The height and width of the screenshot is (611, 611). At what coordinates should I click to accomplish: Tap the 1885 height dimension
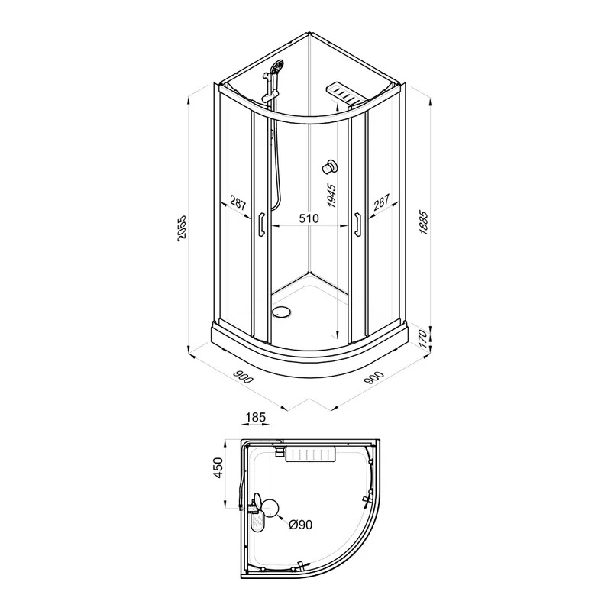click(x=424, y=223)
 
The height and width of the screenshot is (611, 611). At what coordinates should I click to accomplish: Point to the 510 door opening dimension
click(x=309, y=218)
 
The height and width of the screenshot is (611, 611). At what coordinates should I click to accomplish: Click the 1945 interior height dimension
click(x=331, y=195)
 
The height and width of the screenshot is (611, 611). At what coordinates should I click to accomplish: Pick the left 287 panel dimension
click(x=238, y=203)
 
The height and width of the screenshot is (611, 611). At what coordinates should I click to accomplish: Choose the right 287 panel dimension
click(x=381, y=203)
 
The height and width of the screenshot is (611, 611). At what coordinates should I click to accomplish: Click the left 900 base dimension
click(x=243, y=377)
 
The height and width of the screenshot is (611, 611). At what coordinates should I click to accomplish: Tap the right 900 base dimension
click(x=374, y=377)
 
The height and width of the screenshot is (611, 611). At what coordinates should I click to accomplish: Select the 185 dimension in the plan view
click(x=255, y=417)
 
